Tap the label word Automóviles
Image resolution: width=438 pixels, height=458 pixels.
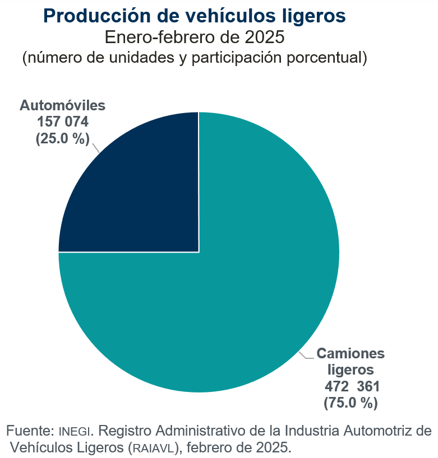(63, 105)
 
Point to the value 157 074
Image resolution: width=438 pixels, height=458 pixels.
(63, 121)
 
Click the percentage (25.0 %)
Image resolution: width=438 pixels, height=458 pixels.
(63, 138)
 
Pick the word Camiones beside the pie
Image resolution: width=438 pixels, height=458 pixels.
(351, 353)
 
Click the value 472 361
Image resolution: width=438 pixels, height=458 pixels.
(351, 386)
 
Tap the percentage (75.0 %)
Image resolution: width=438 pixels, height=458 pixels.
(351, 402)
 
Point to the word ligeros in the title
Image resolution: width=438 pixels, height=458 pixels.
(315, 17)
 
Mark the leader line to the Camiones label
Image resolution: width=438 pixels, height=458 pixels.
(306, 356)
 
